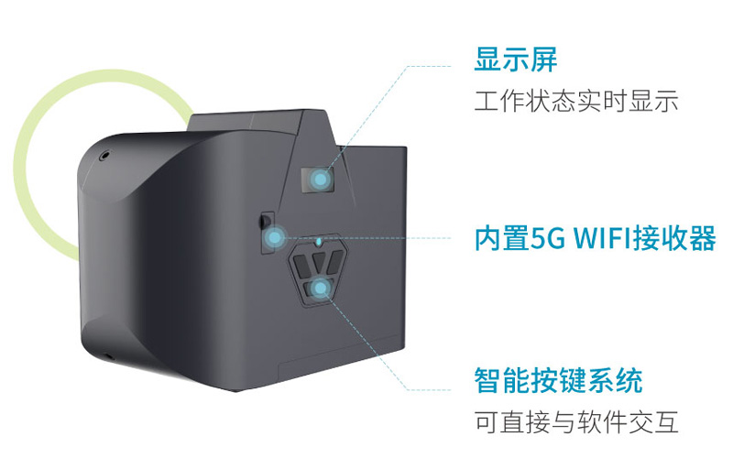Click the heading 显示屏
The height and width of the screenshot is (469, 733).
[x=516, y=60]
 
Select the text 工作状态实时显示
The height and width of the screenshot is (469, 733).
[x=576, y=102]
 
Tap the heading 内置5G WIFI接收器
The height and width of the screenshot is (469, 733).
[x=595, y=238]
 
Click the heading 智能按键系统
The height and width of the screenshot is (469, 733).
[x=559, y=381]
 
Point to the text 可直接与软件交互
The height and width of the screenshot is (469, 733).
[x=576, y=421]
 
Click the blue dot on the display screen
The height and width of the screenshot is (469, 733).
[x=320, y=179]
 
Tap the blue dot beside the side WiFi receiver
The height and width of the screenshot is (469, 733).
[x=274, y=238]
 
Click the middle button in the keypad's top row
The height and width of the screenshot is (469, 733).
[x=320, y=262]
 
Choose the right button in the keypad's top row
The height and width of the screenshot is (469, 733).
[x=335, y=263]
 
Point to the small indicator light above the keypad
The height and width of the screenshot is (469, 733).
[x=319, y=241]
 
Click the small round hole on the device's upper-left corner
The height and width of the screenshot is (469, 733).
[x=105, y=154]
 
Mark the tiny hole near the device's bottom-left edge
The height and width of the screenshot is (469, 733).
[x=109, y=358]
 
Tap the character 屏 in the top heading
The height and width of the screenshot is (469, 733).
[x=543, y=60]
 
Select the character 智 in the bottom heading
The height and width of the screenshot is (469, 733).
[x=488, y=381]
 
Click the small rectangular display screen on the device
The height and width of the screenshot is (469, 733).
[x=318, y=180]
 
